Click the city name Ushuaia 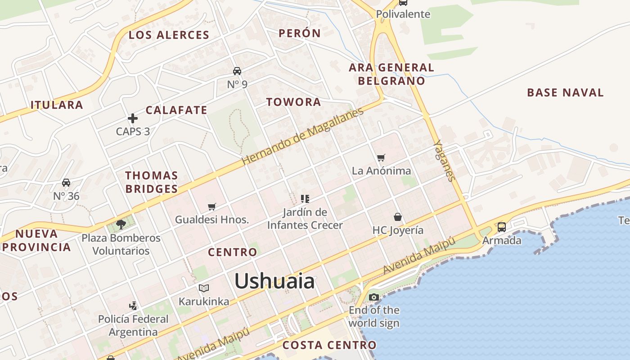pyautogui.click(x=274, y=281)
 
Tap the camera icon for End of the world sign pyautogui.click(x=373, y=297)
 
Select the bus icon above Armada pyautogui.click(x=502, y=227)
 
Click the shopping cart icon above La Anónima pyautogui.click(x=381, y=157)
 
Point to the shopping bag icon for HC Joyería pyautogui.click(x=398, y=217)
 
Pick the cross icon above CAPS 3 pyautogui.click(x=133, y=118)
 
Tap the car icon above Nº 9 pyautogui.click(x=237, y=71)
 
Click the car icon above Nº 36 pyautogui.click(x=66, y=183)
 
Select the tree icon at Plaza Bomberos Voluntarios pyautogui.click(x=121, y=224)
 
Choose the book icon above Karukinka pyautogui.click(x=204, y=288)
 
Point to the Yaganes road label pyautogui.click(x=445, y=160)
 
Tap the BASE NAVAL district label pyautogui.click(x=565, y=93)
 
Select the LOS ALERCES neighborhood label pyautogui.click(x=169, y=35)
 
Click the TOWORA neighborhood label pyautogui.click(x=293, y=102)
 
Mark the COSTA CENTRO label pyautogui.click(x=329, y=345)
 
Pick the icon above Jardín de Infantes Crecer pyautogui.click(x=305, y=198)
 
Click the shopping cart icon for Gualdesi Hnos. pyautogui.click(x=212, y=207)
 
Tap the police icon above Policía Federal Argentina pyautogui.click(x=133, y=306)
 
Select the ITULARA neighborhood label pyautogui.click(x=57, y=105)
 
